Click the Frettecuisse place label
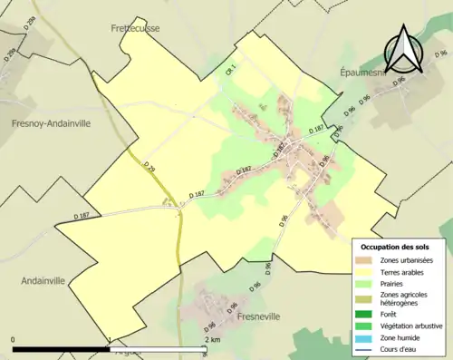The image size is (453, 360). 135,28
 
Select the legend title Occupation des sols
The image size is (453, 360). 396,247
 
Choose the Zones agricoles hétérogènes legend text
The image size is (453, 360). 407,299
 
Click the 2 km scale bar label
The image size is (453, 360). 211,340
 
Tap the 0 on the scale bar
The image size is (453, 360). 14,340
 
